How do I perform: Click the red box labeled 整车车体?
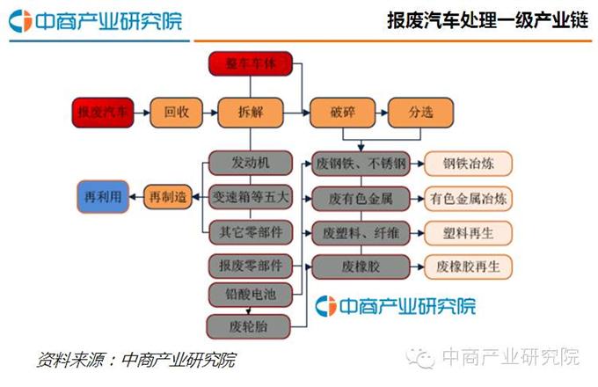click(250, 64)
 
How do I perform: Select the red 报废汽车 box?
click(102, 113)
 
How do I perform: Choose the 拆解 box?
click(250, 113)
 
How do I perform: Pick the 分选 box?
click(420, 113)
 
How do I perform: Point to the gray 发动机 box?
click(250, 164)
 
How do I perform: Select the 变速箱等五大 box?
click(250, 198)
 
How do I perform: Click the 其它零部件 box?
click(250, 232)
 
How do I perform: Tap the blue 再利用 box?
click(101, 198)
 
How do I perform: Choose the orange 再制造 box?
click(169, 198)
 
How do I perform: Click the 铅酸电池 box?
click(250, 294)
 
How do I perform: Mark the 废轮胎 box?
click(250, 325)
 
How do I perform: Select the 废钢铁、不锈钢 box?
click(361, 164)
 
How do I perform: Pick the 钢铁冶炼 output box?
click(467, 164)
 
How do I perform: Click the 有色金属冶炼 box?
click(467, 198)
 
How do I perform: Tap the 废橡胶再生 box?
click(467, 266)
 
